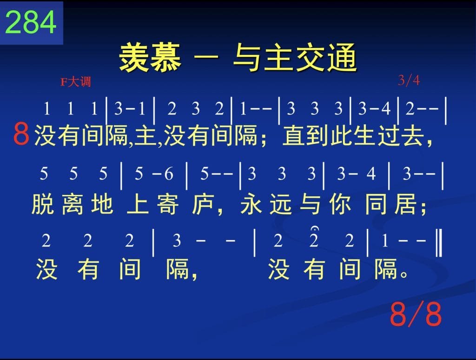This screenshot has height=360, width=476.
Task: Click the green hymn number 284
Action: click(31, 22)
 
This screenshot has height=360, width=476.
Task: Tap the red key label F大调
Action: click(76, 82)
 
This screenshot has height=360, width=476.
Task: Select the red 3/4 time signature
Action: click(409, 80)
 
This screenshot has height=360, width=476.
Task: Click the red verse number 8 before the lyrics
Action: click(21, 134)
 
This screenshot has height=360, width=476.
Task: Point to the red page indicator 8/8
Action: click(416, 314)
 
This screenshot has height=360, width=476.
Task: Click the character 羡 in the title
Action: click(134, 57)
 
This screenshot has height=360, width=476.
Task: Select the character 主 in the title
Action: click(279, 57)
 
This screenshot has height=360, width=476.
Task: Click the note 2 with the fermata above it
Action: click(314, 241)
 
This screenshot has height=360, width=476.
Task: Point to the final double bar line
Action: click(439, 243)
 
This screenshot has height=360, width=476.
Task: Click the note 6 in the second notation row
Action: click(169, 174)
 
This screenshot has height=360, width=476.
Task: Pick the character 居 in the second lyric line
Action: click(405, 204)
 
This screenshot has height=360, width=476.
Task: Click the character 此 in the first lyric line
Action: click(341, 136)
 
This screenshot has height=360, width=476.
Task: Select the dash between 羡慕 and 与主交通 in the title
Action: click(206, 57)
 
